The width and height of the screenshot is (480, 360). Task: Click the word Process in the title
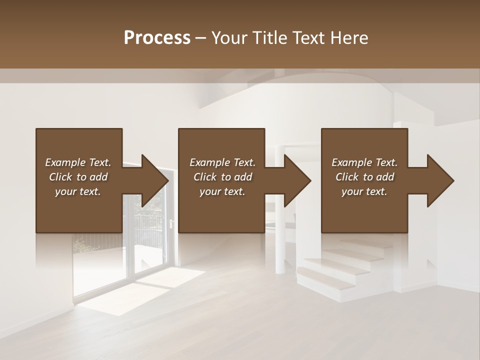pos(157,37)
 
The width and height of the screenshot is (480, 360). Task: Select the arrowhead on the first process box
pos(155,180)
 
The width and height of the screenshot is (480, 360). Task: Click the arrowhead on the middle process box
pos(298,180)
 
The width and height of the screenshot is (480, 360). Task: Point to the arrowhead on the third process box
pos(440,180)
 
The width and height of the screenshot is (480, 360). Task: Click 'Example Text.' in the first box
pos(78,162)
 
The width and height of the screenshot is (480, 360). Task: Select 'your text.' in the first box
pos(78,191)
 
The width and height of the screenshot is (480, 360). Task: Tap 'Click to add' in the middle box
pos(222,177)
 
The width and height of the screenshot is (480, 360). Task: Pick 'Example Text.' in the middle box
pos(222,162)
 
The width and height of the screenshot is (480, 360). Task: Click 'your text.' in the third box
pos(364,191)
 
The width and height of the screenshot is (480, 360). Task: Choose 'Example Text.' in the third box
pos(364,162)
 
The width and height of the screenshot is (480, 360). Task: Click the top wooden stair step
pos(352,244)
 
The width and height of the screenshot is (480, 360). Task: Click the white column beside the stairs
pos(279,250)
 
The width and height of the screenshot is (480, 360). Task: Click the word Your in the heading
pos(227,37)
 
